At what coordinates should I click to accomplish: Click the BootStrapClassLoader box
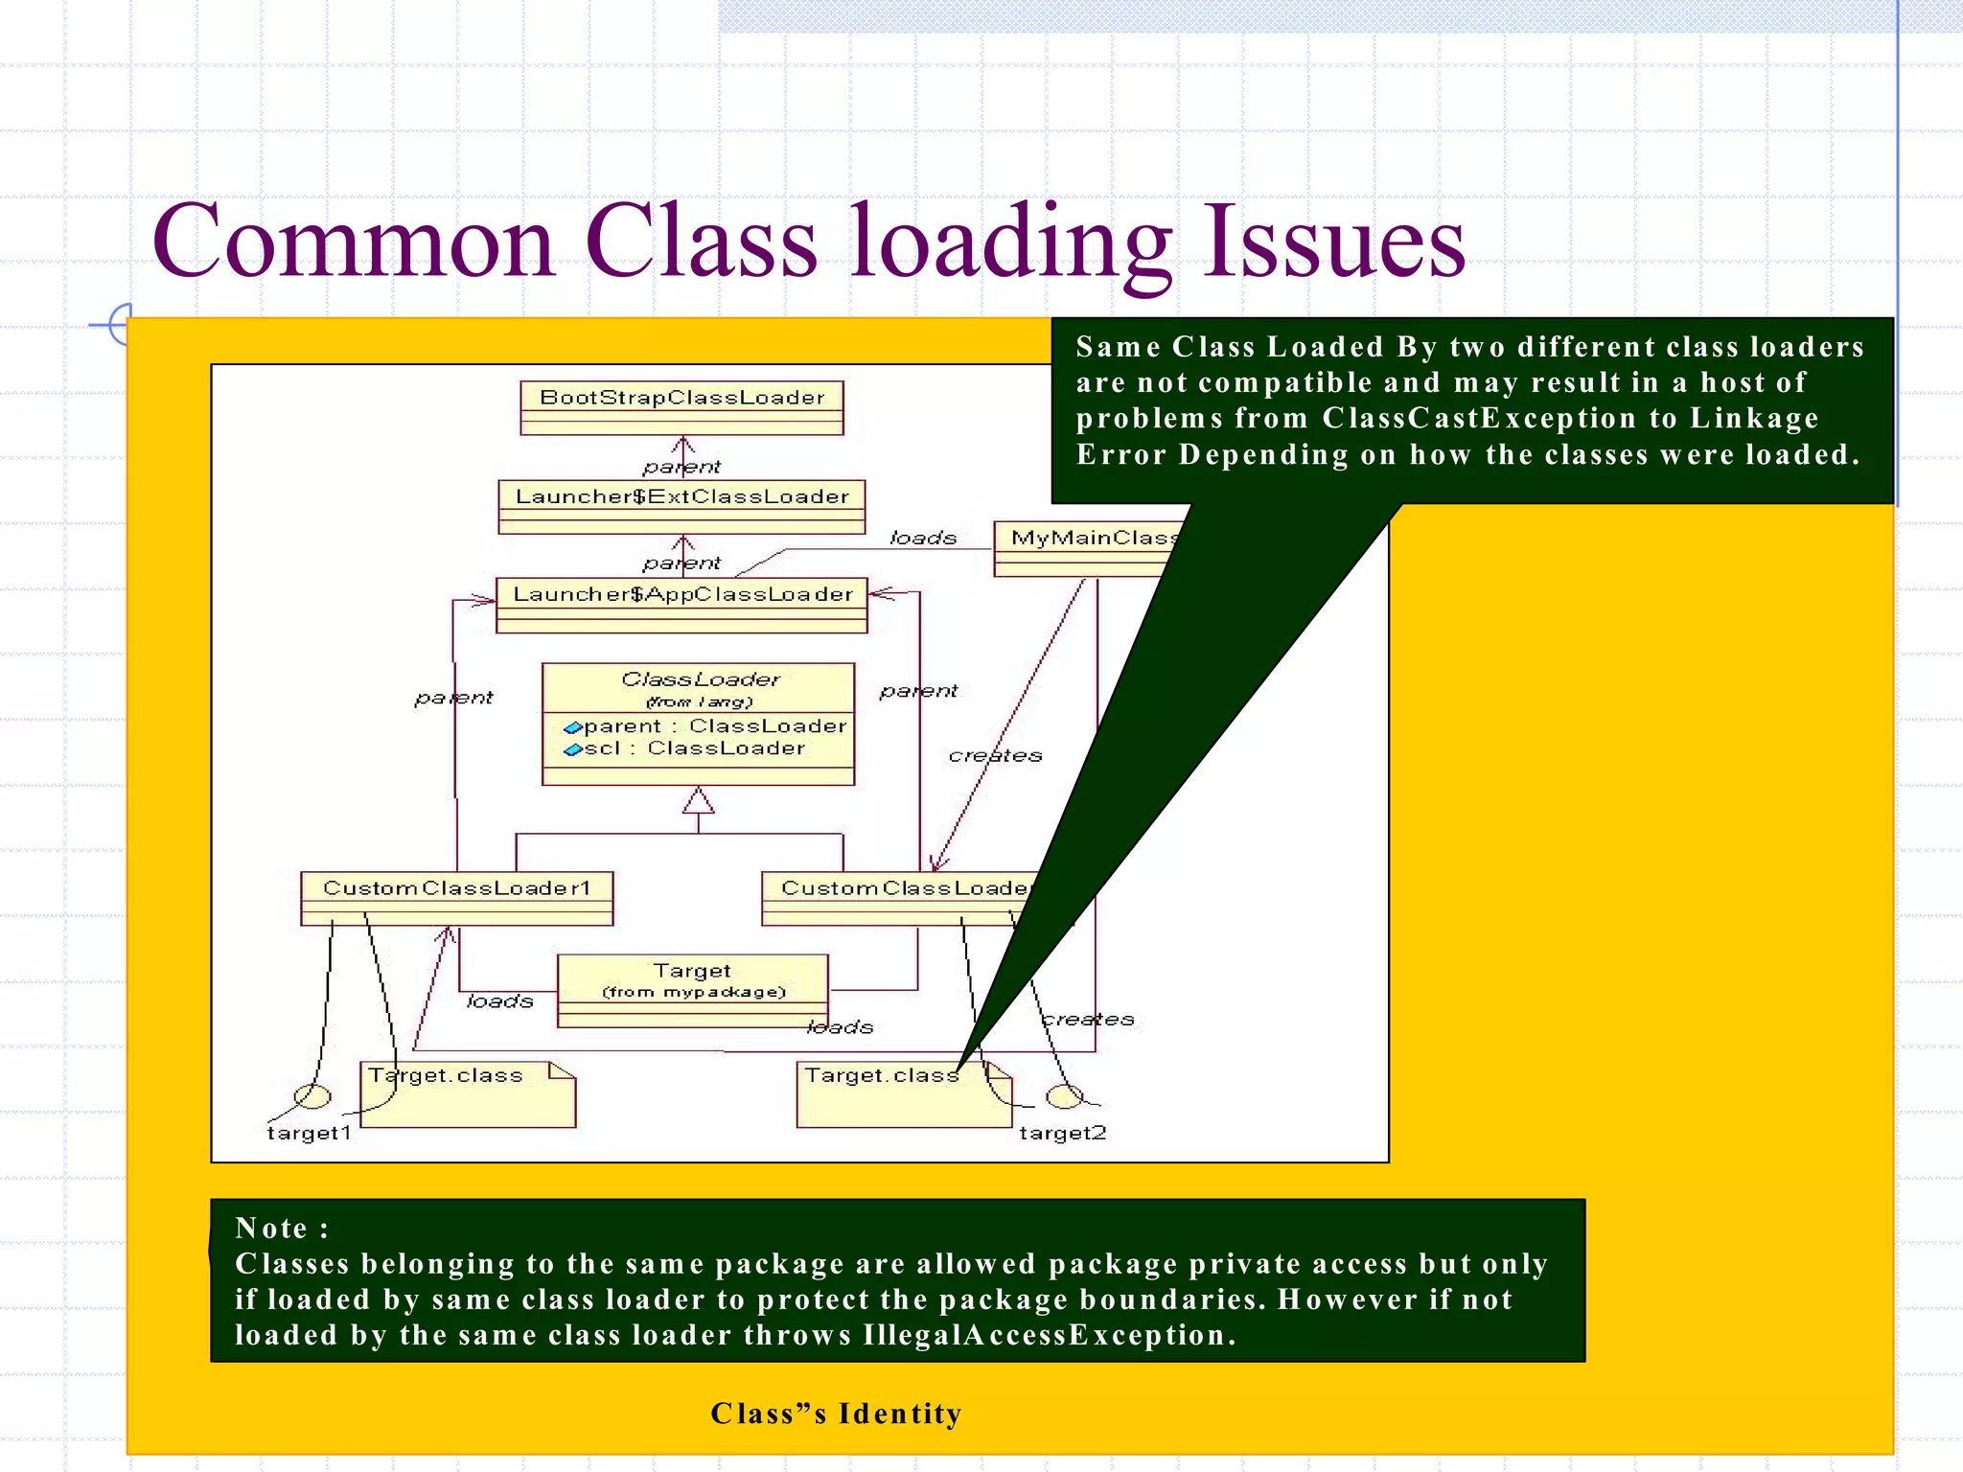(681, 406)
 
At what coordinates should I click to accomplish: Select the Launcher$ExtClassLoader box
(681, 505)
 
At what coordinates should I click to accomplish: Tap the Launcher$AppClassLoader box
(681, 604)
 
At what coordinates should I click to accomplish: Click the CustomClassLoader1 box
(456, 897)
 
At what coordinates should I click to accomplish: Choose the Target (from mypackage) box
(692, 989)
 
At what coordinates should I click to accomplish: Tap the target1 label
(309, 1133)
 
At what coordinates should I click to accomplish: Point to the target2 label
(1062, 1133)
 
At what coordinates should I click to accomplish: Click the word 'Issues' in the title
(1334, 241)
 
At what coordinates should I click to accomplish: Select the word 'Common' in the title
(354, 241)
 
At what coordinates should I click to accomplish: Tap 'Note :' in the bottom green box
(282, 1228)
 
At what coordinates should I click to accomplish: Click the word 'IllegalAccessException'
(1049, 1335)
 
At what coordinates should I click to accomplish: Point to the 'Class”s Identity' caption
(836, 1413)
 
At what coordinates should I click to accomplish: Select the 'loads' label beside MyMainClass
(923, 538)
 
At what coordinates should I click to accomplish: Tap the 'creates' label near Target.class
(1087, 1019)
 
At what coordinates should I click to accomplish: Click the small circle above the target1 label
(312, 1095)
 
